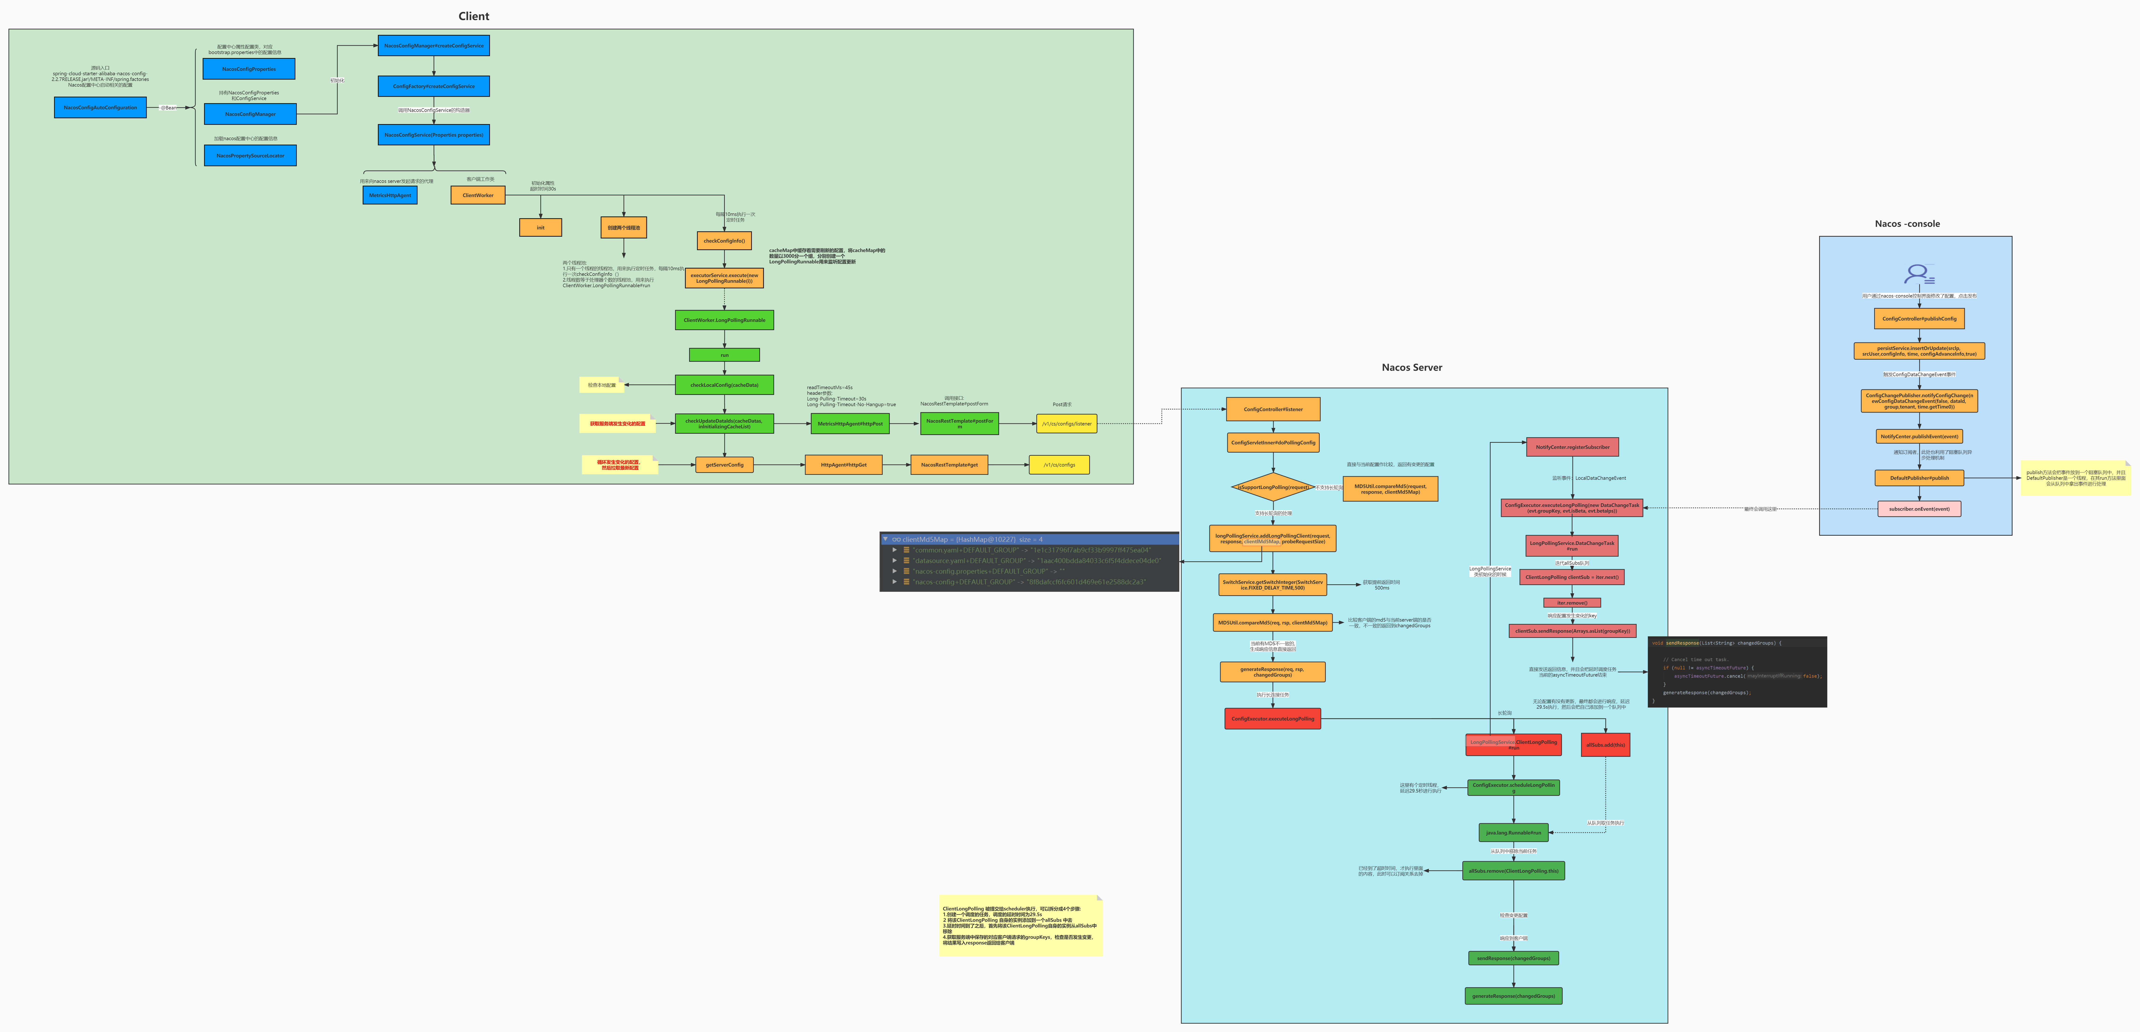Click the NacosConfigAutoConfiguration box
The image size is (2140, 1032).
pyautogui.click(x=100, y=107)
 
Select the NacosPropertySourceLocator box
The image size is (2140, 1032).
pyautogui.click(x=250, y=155)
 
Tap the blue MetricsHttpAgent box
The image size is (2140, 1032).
pyautogui.click(x=390, y=195)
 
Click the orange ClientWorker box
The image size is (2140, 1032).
pyautogui.click(x=478, y=195)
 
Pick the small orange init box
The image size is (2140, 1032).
pyautogui.click(x=540, y=228)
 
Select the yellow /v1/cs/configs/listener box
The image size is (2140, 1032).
pyautogui.click(x=1067, y=424)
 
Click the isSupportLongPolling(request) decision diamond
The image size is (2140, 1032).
pyautogui.click(x=1273, y=488)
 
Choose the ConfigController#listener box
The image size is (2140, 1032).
pyautogui.click(x=1273, y=409)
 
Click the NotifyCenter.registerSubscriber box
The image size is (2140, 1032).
pyautogui.click(x=1572, y=447)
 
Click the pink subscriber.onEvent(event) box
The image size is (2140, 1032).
pyautogui.click(x=1919, y=509)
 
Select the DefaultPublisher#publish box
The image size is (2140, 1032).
pyautogui.click(x=1919, y=478)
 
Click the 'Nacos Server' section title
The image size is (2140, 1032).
pyautogui.click(x=1411, y=367)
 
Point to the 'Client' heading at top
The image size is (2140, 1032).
pyautogui.click(x=474, y=16)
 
